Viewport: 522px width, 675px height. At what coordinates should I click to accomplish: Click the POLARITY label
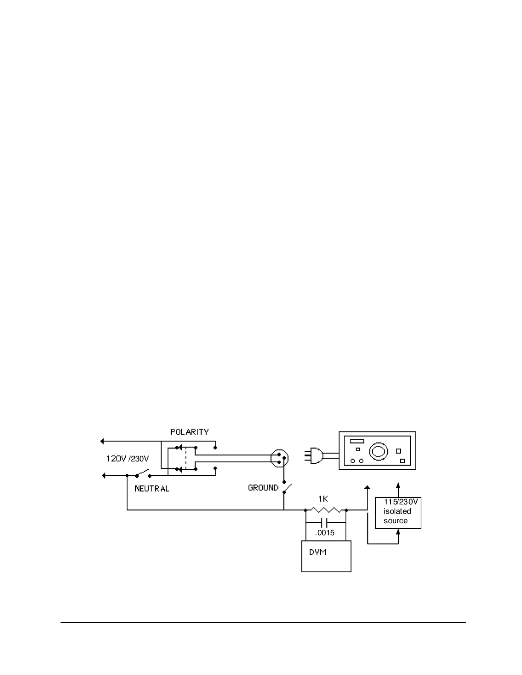[x=189, y=432]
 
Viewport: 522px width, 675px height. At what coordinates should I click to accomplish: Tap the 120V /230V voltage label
[x=128, y=459]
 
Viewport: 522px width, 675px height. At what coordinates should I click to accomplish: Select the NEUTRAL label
[x=152, y=489]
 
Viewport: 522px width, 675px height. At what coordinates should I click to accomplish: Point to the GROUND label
[x=263, y=488]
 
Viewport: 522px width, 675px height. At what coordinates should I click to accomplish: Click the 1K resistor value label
[x=323, y=499]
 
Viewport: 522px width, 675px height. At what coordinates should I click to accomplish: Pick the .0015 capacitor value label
[x=325, y=533]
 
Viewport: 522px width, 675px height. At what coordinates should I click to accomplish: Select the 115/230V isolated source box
[x=398, y=513]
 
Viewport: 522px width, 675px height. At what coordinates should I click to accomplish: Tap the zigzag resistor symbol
[x=326, y=510]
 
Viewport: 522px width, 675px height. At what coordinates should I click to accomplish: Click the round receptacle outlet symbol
[x=280, y=459]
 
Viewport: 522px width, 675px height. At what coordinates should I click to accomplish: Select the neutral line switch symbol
[x=143, y=473]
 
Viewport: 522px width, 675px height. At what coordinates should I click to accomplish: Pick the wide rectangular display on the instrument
[x=357, y=441]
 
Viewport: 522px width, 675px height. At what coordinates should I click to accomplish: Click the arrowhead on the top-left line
[x=102, y=441]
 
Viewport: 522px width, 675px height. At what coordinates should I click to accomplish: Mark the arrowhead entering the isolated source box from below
[x=398, y=531]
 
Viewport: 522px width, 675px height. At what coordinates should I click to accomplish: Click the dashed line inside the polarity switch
[x=186, y=459]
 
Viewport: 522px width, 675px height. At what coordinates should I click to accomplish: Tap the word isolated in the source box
[x=397, y=511]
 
